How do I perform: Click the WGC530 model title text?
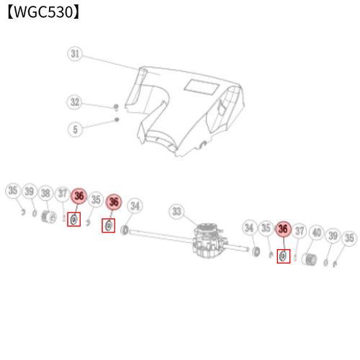[43, 12]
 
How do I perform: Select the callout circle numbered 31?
[75, 54]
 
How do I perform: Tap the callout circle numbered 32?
[74, 102]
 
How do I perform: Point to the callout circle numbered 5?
[75, 130]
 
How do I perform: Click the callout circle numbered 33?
[176, 212]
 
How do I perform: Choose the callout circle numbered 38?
[45, 193]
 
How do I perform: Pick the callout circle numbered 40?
[317, 233]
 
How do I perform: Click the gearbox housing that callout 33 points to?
[209, 240]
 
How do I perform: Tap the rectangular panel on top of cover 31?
[202, 87]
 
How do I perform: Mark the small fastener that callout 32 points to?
[117, 107]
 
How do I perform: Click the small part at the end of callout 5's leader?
[117, 120]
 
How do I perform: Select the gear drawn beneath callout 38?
[49, 217]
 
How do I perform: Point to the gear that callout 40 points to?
[310, 259]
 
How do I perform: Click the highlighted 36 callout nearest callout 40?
[283, 229]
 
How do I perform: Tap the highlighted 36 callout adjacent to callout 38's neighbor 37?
[79, 196]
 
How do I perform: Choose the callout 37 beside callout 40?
[300, 231]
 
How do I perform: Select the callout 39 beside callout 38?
[30, 192]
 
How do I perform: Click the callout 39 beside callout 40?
[333, 235]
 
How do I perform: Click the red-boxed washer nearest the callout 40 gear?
[283, 256]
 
